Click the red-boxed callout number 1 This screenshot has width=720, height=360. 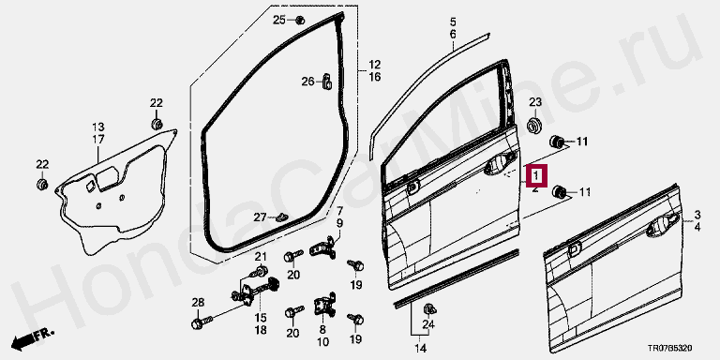(536, 175)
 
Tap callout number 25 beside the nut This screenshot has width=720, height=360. (279, 20)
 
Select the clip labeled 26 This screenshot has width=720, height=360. (327, 82)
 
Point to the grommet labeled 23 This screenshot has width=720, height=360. (534, 126)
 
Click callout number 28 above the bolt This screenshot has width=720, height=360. (198, 303)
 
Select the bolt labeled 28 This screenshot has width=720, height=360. (202, 322)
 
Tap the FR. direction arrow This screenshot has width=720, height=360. (32, 339)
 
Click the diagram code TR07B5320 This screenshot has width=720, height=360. (669, 349)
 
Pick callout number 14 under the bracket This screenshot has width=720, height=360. (419, 347)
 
